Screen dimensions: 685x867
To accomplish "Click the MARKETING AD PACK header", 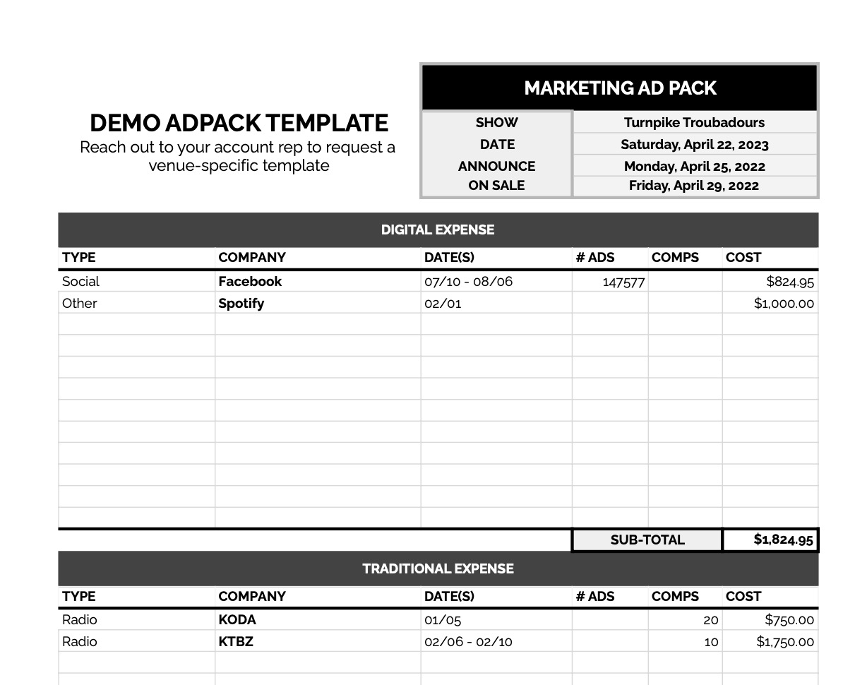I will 620,88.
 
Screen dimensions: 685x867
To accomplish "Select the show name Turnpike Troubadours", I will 694,122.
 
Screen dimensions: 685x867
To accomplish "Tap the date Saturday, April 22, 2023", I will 694,145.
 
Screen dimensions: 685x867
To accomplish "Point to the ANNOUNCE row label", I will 496,167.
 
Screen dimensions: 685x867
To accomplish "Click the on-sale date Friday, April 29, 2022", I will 694,186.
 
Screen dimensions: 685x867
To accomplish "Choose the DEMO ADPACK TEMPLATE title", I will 239,124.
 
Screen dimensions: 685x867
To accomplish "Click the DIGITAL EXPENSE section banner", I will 438,230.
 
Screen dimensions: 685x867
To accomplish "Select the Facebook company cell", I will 250,281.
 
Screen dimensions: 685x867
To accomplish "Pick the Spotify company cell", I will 241,303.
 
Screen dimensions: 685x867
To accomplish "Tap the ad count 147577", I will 623,282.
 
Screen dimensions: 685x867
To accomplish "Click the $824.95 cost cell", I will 790,282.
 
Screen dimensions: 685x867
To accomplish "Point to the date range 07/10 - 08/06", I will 468,282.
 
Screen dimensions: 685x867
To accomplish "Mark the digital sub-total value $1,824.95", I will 783,540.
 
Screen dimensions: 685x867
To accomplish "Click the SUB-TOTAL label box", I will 647,540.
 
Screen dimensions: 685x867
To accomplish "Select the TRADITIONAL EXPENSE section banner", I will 438,568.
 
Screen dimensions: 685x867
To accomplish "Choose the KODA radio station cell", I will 237,619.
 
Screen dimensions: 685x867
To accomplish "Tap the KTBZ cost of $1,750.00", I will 785,642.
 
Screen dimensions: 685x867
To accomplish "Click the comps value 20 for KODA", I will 710,620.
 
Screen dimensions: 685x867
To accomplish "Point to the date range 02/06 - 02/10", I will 468,642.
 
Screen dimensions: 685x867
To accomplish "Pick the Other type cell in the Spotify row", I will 80,303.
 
